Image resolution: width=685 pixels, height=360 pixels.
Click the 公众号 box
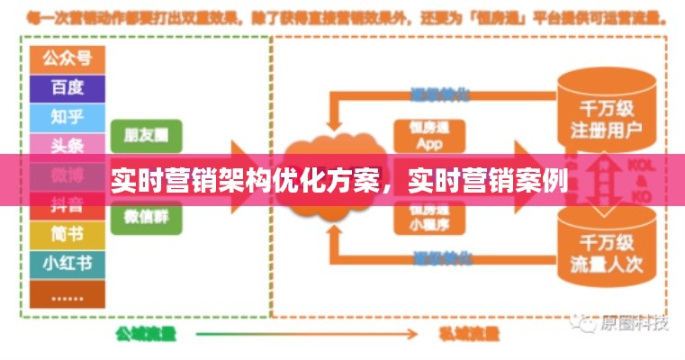(67, 58)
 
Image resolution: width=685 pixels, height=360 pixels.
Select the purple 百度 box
(67, 87)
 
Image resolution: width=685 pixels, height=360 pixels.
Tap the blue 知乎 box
(67, 116)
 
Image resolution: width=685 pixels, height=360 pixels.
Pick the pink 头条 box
(67, 144)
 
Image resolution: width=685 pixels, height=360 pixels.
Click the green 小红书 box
(67, 264)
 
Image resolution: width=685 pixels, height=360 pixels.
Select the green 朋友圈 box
(146, 135)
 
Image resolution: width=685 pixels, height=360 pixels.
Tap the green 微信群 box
(146, 217)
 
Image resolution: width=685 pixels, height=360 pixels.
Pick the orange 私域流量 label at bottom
(468, 334)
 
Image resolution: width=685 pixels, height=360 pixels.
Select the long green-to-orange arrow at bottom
(306, 334)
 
